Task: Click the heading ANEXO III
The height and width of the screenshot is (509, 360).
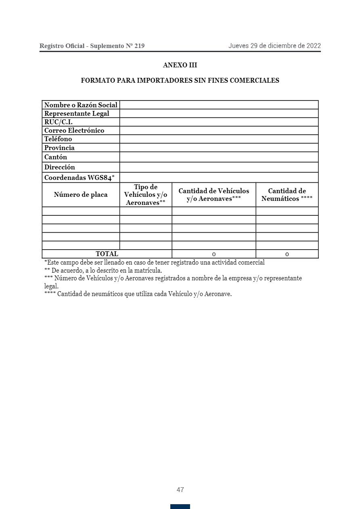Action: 180,65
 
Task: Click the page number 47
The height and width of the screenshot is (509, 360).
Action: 180,490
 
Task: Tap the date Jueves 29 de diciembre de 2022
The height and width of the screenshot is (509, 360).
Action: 274,46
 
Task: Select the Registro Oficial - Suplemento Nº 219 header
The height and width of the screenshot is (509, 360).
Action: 92,46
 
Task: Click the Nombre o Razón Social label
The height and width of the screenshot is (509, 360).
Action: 81,105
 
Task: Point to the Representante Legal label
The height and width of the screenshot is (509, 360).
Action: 77,113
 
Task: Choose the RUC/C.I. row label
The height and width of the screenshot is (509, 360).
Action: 59,122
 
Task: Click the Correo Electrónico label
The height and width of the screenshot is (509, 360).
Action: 74,130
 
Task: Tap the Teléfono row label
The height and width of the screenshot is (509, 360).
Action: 58,139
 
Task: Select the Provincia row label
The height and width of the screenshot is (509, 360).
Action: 59,148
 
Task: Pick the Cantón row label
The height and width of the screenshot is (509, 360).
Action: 56,157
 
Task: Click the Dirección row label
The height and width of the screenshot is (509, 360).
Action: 60,167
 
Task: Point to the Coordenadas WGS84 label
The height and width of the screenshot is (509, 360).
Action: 80,177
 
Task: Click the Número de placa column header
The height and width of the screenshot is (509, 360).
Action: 81,195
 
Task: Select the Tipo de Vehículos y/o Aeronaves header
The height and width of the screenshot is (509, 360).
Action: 146,195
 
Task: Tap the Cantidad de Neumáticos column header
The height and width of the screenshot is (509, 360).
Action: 287,195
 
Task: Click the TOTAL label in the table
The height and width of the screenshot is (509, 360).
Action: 107,254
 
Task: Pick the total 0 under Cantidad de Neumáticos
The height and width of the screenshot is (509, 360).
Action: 287,254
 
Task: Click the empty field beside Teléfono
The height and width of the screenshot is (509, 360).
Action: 219,139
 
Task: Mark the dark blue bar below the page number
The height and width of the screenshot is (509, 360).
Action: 180,506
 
